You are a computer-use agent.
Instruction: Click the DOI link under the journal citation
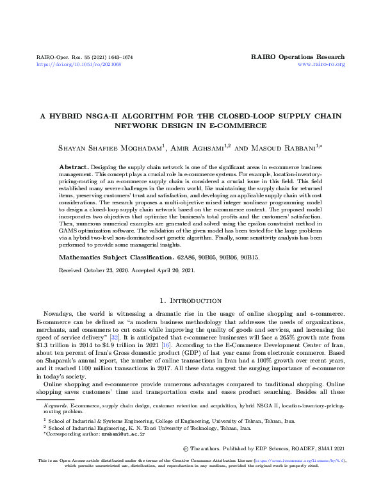point(70,65)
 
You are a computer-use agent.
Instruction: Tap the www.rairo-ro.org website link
point(322,65)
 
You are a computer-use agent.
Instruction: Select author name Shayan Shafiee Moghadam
point(102,149)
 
